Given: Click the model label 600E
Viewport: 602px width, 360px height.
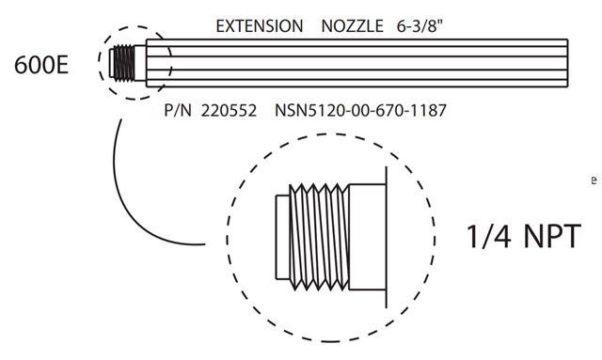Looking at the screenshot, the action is tap(41, 65).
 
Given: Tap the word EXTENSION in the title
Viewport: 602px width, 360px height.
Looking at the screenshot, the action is tap(260, 26).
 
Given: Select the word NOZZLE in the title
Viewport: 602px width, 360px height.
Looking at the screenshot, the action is tap(352, 26).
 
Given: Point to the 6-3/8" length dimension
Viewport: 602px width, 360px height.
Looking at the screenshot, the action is tap(420, 26).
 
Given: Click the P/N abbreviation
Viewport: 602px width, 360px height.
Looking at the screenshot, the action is tap(178, 111).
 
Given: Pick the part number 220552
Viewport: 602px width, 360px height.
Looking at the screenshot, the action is tap(229, 111).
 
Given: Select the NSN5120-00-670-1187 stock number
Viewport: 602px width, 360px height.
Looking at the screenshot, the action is tap(360, 111).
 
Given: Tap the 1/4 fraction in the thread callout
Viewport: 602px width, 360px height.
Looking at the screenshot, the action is tap(488, 236).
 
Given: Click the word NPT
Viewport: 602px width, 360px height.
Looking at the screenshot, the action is tap(552, 236).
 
